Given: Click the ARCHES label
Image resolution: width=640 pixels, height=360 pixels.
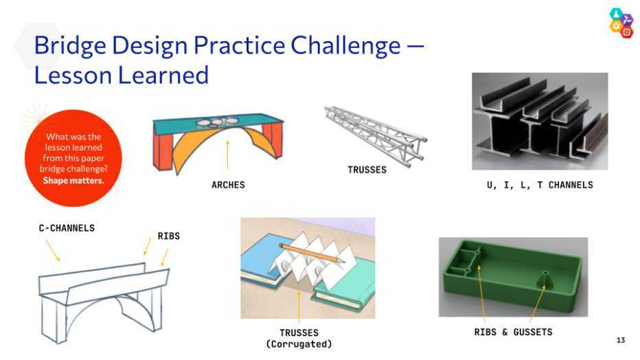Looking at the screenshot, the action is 228,185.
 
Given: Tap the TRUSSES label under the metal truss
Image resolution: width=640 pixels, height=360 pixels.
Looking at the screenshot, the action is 367,170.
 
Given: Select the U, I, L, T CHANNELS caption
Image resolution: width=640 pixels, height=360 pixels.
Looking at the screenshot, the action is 540,185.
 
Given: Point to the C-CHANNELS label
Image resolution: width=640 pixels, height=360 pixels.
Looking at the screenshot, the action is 67,228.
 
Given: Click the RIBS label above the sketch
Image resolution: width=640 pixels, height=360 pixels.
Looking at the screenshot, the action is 168,236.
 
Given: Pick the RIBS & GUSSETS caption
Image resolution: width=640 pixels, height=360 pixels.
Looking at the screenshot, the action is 513,333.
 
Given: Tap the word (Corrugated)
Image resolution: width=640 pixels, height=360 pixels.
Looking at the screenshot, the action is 299,344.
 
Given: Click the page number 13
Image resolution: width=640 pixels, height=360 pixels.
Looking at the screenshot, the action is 620,340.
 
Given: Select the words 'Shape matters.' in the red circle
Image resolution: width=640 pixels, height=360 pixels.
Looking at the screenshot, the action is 73,181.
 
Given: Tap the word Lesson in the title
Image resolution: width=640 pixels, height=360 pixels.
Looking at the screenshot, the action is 72,75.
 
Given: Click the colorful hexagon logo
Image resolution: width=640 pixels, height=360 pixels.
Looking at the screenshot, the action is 621,23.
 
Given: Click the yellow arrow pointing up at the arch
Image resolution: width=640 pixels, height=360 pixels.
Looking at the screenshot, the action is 228,155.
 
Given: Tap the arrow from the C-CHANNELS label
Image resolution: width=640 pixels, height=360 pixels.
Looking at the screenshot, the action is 53,251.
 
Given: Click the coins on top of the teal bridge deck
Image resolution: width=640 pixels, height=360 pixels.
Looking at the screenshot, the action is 216,122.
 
